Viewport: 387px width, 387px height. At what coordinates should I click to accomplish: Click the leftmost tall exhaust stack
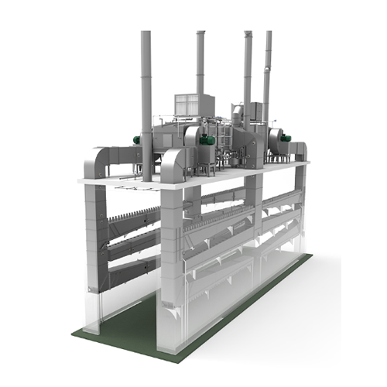pos(146,85)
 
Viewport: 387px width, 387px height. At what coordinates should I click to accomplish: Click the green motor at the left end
pos(137,141)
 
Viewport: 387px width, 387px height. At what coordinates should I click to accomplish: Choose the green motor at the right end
pos(285,138)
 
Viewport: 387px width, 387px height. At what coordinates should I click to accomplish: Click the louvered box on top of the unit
pos(192,106)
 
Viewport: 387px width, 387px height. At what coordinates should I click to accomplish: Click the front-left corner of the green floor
pos(75,334)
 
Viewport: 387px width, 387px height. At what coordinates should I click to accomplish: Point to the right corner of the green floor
pos(312,255)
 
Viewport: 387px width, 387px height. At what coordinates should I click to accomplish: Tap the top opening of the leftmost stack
pos(146,33)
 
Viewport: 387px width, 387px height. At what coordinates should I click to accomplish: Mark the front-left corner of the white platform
pos(80,181)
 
